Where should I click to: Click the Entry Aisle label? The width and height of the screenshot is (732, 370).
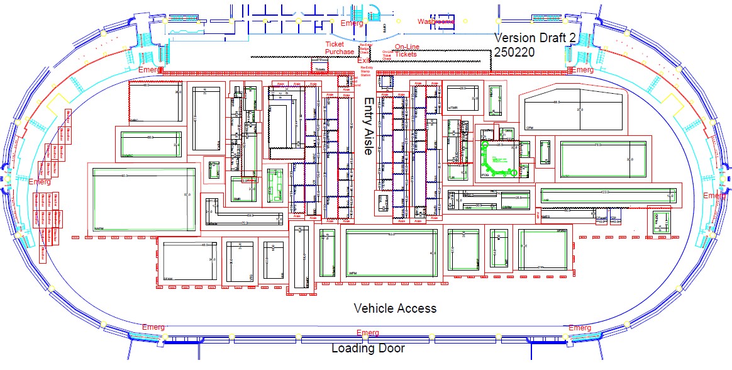click(369, 126)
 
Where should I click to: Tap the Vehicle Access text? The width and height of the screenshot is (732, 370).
click(395, 308)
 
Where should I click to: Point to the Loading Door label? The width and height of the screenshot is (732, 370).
click(368, 348)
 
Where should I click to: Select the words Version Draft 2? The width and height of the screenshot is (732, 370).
click(536, 38)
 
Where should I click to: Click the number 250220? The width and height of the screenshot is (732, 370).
click(515, 52)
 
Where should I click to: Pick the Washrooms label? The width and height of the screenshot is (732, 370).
click(436, 21)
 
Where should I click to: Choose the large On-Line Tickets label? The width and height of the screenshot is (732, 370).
click(406, 50)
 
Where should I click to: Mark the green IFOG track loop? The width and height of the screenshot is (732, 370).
click(497, 160)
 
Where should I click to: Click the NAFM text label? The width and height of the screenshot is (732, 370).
click(99, 228)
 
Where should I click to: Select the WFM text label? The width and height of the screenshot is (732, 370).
click(353, 274)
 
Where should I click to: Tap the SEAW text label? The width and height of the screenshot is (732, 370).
click(168, 278)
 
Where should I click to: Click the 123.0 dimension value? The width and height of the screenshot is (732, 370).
click(606, 191)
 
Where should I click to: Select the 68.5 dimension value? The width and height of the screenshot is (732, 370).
click(556, 102)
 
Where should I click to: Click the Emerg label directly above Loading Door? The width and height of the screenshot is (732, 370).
click(367, 332)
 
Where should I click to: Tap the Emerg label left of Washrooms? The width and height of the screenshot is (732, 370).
click(352, 23)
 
